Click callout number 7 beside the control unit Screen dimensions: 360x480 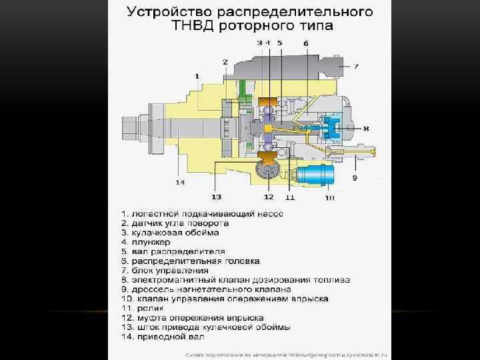coord(356,66)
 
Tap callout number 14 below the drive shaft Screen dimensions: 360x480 coord(179,182)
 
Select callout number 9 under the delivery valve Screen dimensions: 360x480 coord(355,178)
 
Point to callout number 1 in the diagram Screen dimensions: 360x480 coord(197,77)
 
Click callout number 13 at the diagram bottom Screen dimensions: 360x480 coord(217,197)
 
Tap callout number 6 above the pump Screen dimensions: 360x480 coord(306,43)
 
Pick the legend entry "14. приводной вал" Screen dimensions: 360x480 coord(161,337)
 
